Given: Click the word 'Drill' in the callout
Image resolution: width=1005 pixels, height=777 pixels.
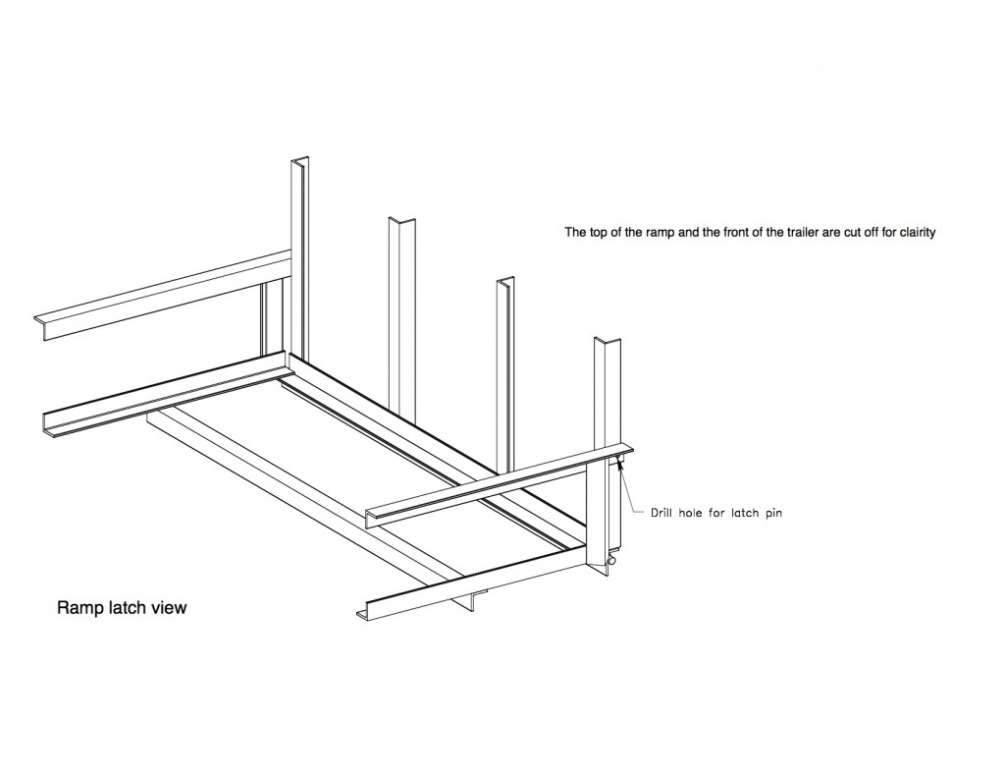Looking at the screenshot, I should tap(666, 512).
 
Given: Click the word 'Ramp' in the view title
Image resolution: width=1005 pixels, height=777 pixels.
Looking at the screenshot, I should tap(79, 608).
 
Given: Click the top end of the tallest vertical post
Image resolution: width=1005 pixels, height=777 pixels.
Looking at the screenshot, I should tap(299, 160).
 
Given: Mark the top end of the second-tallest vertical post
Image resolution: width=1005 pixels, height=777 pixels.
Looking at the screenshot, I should tap(402, 219).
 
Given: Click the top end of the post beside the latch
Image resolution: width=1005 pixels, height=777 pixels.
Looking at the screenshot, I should tap(608, 340).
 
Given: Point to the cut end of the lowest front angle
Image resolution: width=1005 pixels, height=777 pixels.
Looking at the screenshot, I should tap(362, 613).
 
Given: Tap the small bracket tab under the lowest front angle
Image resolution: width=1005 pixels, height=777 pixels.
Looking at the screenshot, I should tap(476, 598).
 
